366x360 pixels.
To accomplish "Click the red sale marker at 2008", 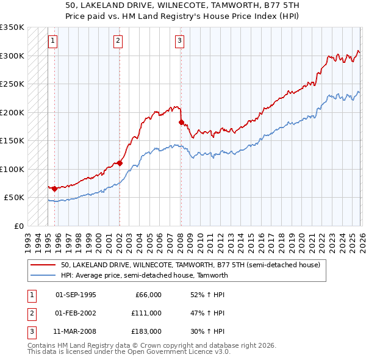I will click(181, 122).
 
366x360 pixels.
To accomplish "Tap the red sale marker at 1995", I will click(54, 189).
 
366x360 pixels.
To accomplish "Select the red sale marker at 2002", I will click(120, 163).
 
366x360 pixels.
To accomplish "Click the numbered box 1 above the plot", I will click(53, 41).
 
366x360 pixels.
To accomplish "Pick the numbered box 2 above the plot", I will click(118, 41).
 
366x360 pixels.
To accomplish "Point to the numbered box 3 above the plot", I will click(180, 41).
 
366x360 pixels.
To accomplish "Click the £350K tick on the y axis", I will click(12, 27).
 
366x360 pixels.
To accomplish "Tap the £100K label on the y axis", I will click(12, 169).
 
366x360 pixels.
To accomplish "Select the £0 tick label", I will click(18, 226).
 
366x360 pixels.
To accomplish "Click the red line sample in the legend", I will click(44, 265).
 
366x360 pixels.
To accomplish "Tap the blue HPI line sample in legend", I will click(44, 275).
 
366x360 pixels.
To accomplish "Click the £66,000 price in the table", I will click(148, 295).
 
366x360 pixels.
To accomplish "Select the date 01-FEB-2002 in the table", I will click(76, 313).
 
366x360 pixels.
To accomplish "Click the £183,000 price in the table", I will click(146, 331).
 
